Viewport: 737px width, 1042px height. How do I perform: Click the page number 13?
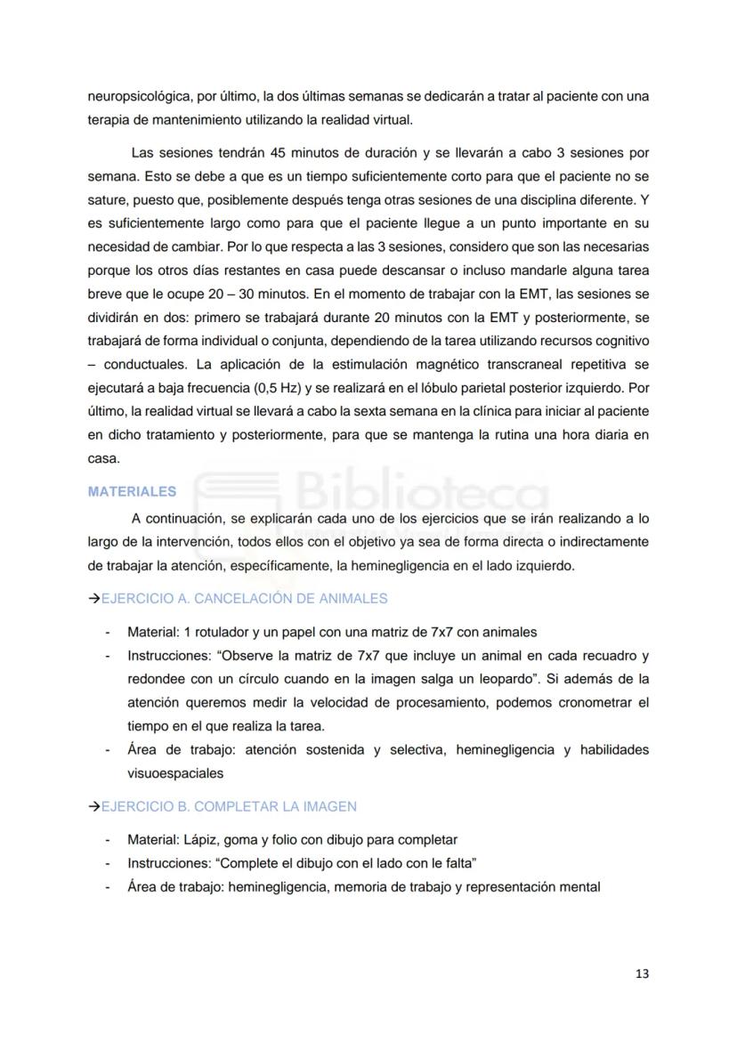coord(642,973)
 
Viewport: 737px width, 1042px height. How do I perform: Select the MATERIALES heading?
coord(132,491)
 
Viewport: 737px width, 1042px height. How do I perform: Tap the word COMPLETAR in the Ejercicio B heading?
coord(225,806)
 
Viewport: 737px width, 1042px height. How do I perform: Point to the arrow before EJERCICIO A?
coord(93,599)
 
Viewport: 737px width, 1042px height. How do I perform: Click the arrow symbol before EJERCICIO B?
coord(93,806)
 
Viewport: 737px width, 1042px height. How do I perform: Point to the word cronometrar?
coord(593,703)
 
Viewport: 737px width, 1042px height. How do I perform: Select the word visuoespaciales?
coord(175,773)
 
